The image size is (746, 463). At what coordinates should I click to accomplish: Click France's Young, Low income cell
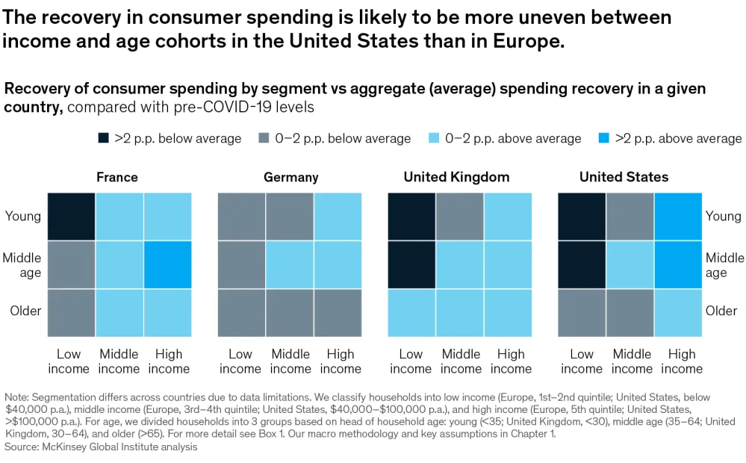[72, 217]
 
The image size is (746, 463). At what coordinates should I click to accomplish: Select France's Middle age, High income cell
[168, 264]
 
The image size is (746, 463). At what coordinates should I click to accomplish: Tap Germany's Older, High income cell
[338, 312]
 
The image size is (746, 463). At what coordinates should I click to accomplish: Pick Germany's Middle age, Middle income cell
[290, 264]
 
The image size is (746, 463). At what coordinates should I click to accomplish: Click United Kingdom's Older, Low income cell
[411, 312]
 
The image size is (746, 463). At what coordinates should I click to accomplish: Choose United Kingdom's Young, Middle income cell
[460, 217]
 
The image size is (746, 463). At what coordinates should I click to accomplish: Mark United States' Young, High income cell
[678, 217]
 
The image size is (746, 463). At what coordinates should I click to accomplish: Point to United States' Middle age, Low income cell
[582, 264]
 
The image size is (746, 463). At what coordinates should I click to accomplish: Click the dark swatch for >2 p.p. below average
[103, 138]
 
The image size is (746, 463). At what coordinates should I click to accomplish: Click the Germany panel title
[290, 177]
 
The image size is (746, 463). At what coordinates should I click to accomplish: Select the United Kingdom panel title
[456, 177]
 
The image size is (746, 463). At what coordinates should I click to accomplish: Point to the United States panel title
[624, 177]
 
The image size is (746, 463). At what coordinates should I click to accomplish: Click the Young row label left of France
[23, 217]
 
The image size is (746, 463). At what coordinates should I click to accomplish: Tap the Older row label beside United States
[721, 311]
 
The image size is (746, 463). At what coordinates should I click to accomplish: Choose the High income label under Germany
[341, 361]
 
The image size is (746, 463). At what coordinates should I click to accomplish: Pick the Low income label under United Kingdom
[411, 361]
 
